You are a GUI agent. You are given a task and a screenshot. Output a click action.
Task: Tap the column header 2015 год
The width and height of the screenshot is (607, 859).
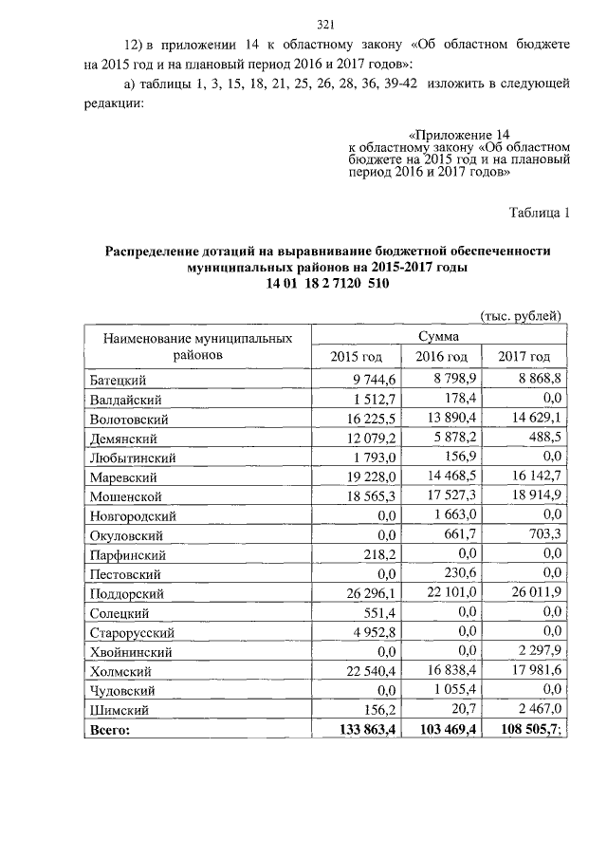[356, 356]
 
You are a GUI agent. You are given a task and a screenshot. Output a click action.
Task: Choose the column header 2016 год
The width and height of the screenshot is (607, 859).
[443, 356]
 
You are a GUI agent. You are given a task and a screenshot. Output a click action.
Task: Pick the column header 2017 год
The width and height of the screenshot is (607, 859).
[524, 356]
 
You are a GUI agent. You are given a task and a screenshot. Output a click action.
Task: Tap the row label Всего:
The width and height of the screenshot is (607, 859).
[109, 730]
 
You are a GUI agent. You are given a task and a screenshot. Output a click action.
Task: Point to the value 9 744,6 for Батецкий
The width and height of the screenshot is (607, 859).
[376, 380]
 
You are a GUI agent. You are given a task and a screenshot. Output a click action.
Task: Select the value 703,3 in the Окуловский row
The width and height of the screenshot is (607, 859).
[544, 534]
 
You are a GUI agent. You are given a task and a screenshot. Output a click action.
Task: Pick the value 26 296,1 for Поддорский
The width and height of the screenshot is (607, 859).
[372, 593]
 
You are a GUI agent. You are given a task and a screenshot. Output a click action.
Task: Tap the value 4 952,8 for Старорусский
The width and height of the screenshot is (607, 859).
[376, 632]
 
